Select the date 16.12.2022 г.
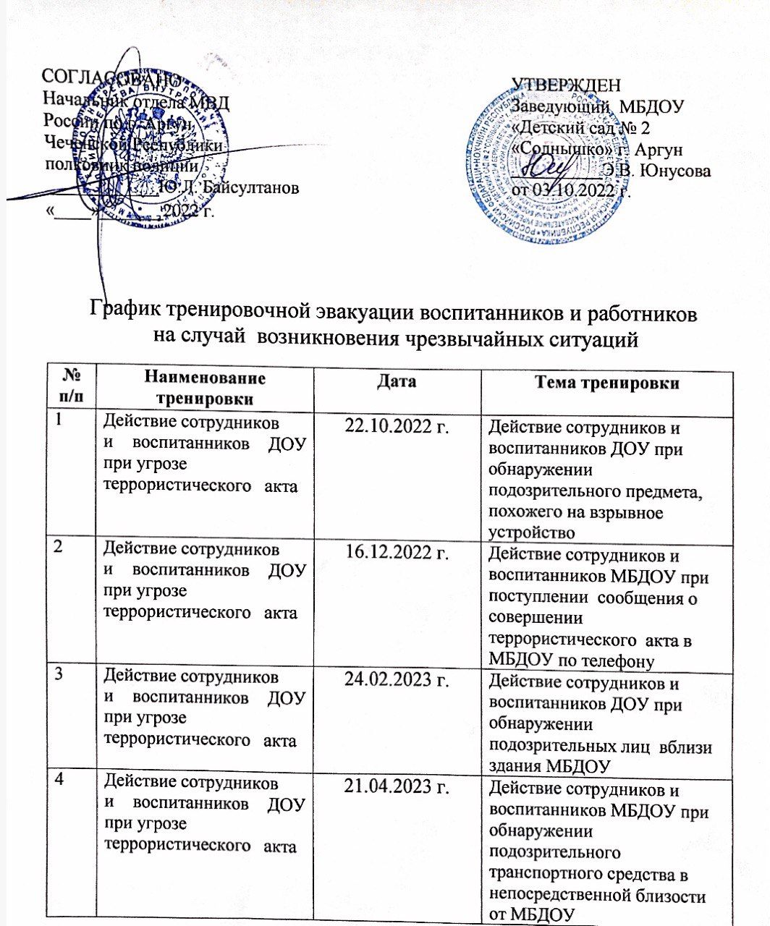click(397, 553)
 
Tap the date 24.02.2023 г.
click(397, 680)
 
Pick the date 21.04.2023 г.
click(397, 786)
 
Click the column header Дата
click(397, 381)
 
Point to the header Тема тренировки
click(606, 383)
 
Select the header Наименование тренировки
click(205, 388)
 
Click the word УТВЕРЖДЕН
click(566, 86)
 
